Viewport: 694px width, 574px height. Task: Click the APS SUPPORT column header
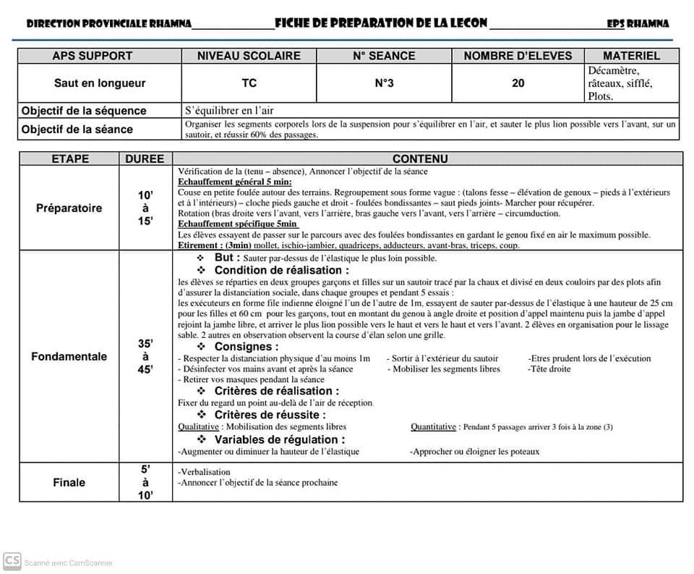tap(93, 56)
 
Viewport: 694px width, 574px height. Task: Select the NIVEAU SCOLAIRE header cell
tap(249, 56)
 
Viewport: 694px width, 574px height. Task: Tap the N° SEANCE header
tap(384, 56)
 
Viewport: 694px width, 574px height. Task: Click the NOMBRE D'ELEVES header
tap(518, 56)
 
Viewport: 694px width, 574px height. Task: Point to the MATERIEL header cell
tap(631, 56)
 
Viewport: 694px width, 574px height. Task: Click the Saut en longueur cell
tap(100, 83)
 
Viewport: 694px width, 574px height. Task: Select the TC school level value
tap(249, 83)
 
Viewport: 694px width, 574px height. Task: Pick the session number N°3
tap(384, 83)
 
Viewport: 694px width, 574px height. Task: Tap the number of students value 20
tap(518, 83)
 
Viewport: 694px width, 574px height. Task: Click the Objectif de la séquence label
tap(84, 111)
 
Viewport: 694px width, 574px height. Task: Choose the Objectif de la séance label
tap(77, 129)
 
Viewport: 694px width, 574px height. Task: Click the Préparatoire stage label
tap(69, 208)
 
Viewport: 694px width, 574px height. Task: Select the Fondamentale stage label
tap(69, 356)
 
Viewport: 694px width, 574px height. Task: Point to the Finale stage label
tap(69, 482)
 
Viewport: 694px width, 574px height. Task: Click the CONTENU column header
tap(420, 159)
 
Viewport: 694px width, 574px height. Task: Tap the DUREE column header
tap(145, 159)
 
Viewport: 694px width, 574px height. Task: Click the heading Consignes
tap(246, 347)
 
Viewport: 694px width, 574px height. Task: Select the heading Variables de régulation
tap(279, 439)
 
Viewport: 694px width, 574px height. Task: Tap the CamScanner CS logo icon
tap(12, 561)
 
